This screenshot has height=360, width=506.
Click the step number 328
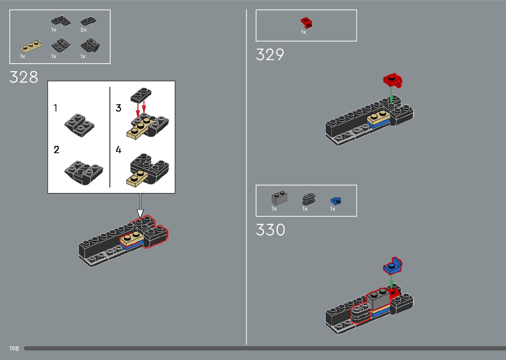(24, 77)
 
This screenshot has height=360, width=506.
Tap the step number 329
(270, 55)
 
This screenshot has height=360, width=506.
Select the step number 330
(270, 230)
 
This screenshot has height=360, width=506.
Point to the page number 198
(14, 348)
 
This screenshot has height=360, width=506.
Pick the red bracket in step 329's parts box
(307, 22)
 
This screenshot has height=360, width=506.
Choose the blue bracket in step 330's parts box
(336, 200)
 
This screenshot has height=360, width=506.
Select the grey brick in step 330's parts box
(279, 198)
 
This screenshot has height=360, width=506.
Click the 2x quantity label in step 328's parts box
(84, 30)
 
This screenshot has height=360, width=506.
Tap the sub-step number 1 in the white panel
(56, 108)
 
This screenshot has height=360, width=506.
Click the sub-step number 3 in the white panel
(118, 108)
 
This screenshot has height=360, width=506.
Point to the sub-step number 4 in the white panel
(118, 150)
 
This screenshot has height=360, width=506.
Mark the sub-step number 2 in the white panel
(56, 150)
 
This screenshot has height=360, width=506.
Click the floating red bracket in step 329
(393, 80)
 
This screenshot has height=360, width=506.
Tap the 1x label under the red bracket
(303, 32)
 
